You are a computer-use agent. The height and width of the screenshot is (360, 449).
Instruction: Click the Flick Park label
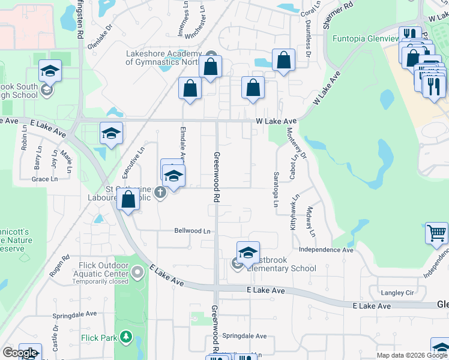point(99,338)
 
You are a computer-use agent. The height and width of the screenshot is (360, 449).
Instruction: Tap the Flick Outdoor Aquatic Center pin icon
point(138,274)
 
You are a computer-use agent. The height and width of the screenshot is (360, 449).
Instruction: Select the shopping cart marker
point(436,233)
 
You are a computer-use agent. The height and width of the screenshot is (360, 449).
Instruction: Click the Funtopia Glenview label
point(366,38)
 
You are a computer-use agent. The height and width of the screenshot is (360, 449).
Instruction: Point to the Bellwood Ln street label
point(192,230)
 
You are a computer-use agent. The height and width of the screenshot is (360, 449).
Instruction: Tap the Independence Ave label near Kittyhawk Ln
point(326,250)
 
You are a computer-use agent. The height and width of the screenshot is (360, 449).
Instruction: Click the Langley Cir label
point(397,293)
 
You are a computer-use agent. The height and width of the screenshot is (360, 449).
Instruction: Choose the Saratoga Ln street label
point(276,191)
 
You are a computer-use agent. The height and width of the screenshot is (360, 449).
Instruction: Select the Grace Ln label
point(44,179)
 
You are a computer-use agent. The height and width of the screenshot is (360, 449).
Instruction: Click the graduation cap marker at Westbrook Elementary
point(248,252)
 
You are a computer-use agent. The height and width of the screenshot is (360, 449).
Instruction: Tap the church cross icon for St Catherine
point(160,192)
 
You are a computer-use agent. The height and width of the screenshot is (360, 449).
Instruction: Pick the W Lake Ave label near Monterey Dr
point(276,121)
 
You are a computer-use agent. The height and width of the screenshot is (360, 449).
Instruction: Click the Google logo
point(19,353)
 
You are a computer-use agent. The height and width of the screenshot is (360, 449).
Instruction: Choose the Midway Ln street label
point(312,221)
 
